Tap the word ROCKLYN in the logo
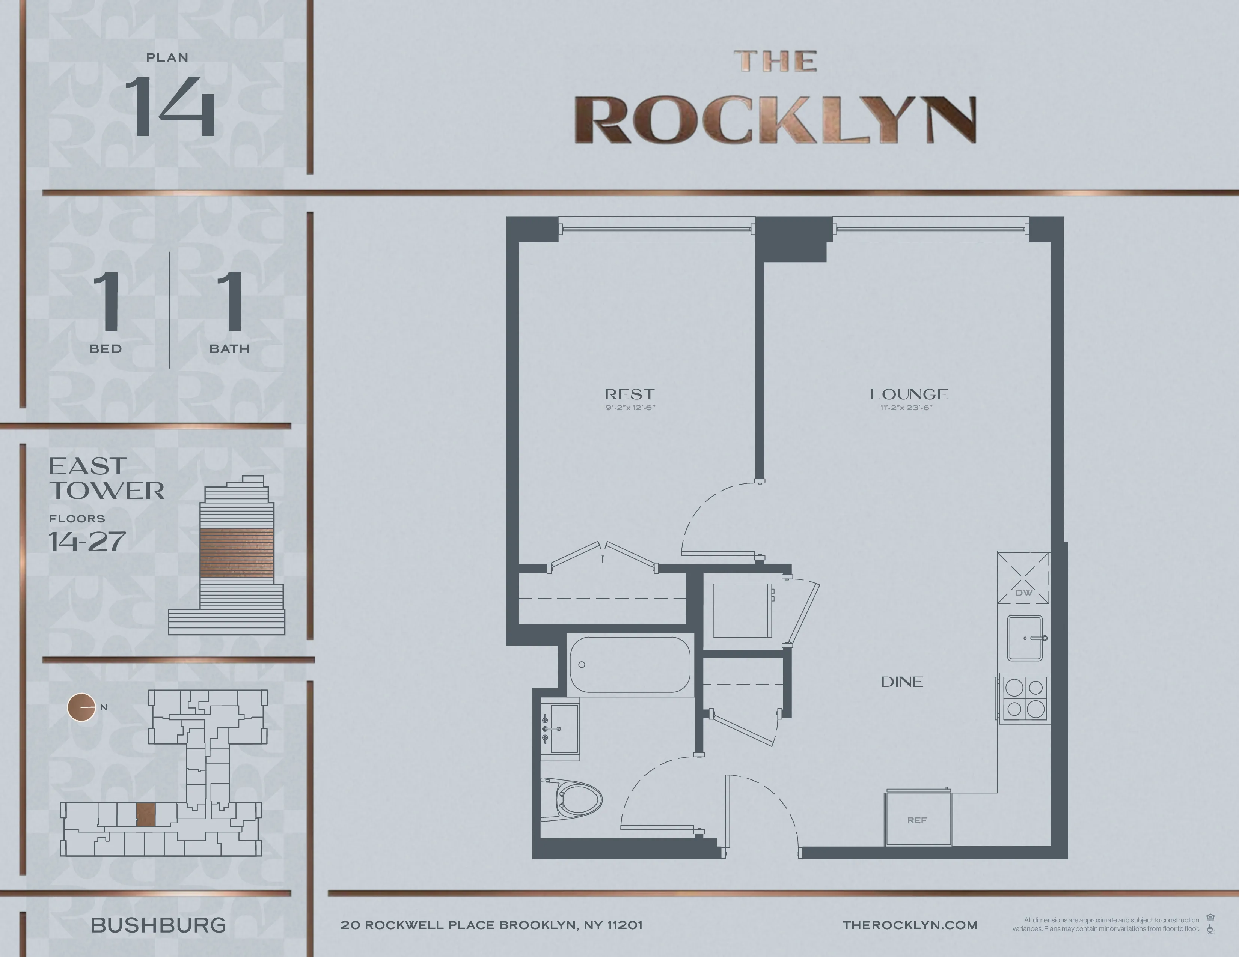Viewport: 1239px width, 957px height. tap(775, 120)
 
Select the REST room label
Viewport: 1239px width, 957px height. tap(629, 394)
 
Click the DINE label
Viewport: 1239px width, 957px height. tap(901, 682)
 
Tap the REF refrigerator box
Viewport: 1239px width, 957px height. tap(917, 819)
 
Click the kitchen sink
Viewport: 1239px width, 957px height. tap(1025, 638)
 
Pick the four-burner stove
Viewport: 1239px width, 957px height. tap(1025, 698)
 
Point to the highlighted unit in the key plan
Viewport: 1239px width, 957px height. tap(146, 815)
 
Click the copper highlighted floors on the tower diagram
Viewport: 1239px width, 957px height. tap(237, 553)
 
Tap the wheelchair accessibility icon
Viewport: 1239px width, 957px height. tap(1210, 929)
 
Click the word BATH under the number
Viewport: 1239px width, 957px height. tap(229, 349)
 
